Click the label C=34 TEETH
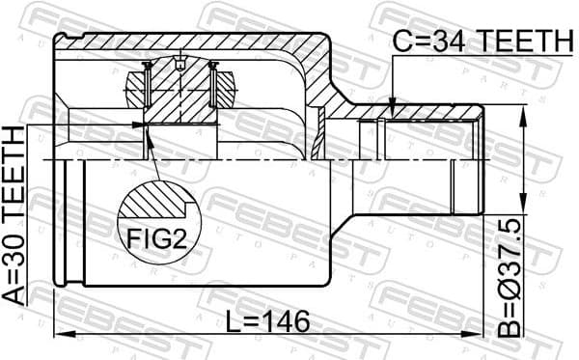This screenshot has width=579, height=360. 482,40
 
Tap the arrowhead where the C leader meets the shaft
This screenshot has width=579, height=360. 393,102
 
